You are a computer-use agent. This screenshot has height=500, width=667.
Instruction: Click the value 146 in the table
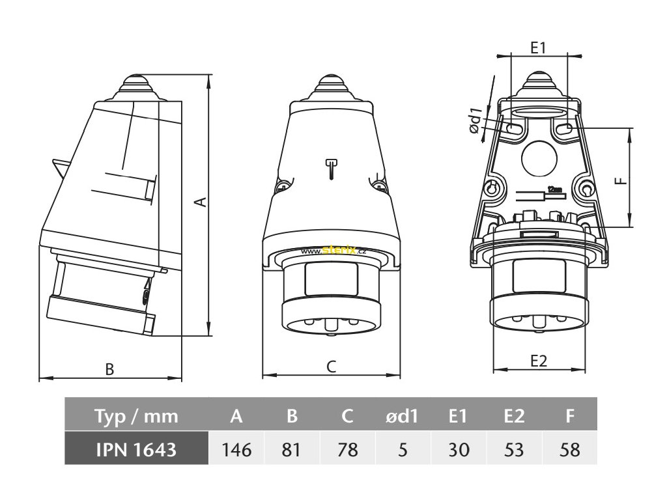[236, 450]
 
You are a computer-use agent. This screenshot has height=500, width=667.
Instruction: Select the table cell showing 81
[292, 450]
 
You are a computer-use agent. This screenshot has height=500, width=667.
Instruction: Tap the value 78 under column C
[348, 450]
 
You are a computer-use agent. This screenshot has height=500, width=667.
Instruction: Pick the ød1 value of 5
[403, 450]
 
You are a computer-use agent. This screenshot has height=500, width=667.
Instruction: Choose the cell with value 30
[458, 450]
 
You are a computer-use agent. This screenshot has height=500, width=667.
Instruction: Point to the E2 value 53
[514, 450]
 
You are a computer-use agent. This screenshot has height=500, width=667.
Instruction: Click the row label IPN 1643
[135, 450]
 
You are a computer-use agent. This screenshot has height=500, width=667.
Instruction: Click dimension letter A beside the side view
[202, 202]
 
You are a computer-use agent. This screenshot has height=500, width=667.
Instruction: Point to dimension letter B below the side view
[110, 368]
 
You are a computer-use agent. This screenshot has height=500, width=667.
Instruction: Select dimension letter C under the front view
[331, 367]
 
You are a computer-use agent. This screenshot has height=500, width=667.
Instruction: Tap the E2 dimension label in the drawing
[538, 361]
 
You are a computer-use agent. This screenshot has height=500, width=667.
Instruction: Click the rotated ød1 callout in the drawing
[477, 120]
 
